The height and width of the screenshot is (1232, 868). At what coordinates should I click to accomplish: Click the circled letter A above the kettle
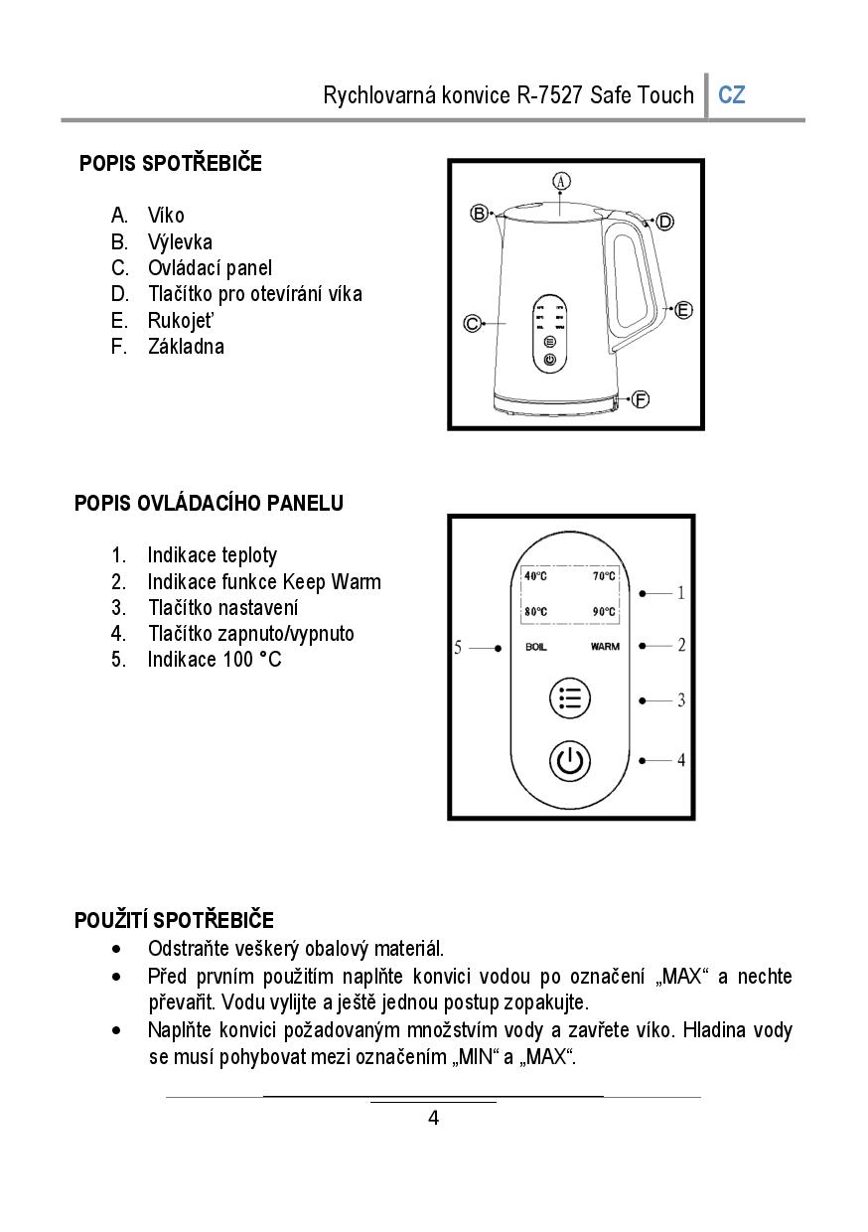click(x=561, y=181)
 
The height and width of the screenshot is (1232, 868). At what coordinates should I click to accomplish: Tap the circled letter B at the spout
click(x=479, y=214)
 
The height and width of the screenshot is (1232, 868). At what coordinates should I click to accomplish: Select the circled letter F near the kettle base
click(x=641, y=399)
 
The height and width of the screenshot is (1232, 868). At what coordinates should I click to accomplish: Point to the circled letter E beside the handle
click(x=683, y=310)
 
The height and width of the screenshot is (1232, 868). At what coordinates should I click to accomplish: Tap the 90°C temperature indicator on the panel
click(x=604, y=612)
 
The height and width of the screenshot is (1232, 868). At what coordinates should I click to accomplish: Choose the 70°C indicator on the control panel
click(x=604, y=576)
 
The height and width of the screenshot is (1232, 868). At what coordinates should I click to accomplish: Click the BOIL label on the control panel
click(x=536, y=648)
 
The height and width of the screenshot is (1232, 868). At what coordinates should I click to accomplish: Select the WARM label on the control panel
click(x=605, y=648)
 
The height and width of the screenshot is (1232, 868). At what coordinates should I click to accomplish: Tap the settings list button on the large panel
click(x=570, y=699)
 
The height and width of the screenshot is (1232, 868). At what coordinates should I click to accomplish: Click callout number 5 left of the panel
click(x=458, y=648)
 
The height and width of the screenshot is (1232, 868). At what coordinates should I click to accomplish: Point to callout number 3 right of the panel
click(x=681, y=700)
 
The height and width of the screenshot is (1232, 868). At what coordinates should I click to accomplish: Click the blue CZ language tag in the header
click(x=732, y=95)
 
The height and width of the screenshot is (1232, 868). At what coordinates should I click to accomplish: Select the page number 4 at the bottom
click(x=433, y=1119)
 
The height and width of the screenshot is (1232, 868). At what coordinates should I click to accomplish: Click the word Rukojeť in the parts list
click(x=181, y=320)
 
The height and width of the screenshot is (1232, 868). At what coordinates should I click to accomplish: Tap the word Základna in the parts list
click(x=186, y=346)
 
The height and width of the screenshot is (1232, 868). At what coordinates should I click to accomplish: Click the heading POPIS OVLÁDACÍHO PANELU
click(x=209, y=503)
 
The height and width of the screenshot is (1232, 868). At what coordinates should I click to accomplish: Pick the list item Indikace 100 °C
click(x=214, y=659)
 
